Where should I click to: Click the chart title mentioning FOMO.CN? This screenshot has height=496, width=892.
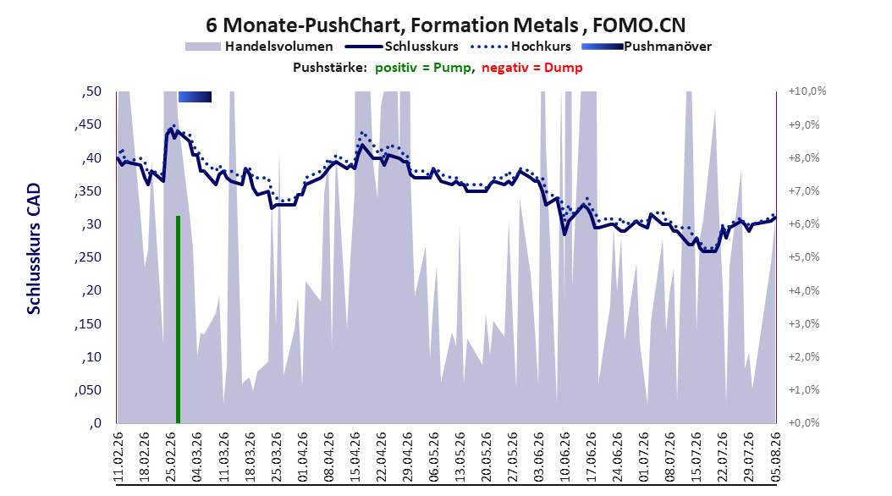click(x=445, y=25)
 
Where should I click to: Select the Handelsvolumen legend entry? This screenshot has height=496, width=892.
click(x=260, y=47)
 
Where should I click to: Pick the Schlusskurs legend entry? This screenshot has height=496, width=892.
click(x=402, y=47)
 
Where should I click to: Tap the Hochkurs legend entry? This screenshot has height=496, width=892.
click(x=520, y=47)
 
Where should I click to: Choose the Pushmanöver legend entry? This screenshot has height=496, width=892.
click(x=647, y=47)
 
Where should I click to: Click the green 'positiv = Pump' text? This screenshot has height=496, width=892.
click(x=423, y=68)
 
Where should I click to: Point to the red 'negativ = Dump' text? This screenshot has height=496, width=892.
click(x=532, y=68)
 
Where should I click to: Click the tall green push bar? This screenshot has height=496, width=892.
click(x=178, y=320)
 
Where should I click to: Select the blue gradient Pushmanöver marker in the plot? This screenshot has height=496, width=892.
click(x=195, y=97)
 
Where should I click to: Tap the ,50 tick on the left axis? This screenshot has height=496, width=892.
click(x=91, y=91)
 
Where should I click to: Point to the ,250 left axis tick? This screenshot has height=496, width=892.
click(x=88, y=257)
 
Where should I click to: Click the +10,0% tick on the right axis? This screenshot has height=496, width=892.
click(x=807, y=91)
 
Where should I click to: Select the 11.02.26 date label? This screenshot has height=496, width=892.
click(x=118, y=457)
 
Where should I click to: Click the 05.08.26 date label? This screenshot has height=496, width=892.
click(x=775, y=457)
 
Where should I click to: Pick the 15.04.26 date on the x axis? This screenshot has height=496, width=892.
click(x=355, y=457)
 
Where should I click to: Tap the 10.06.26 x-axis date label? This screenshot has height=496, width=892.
click(x=564, y=457)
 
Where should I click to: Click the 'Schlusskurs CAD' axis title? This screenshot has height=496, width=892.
click(x=34, y=249)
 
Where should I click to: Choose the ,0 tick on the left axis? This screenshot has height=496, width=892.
click(x=96, y=423)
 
